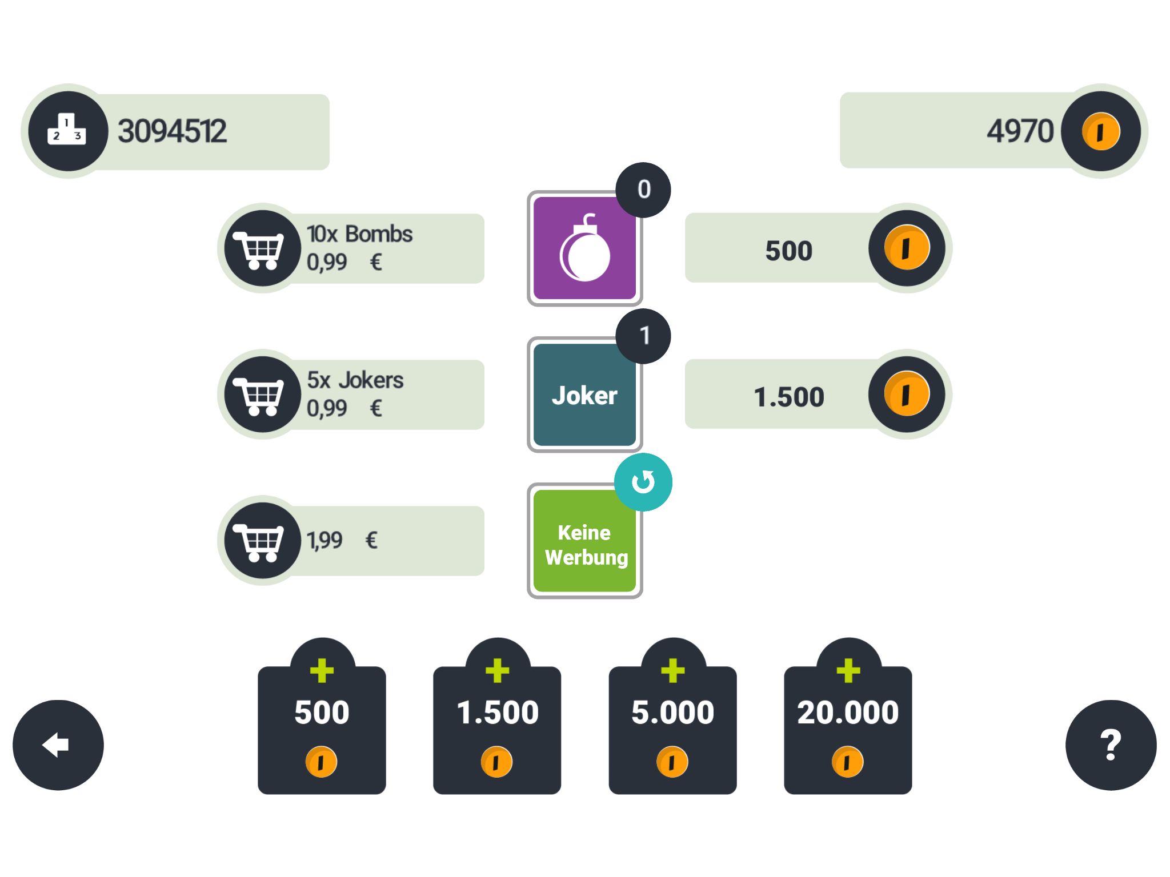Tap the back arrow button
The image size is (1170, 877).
58,745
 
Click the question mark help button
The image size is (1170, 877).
1111,745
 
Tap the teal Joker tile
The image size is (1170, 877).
584,395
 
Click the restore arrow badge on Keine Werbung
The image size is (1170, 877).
643,482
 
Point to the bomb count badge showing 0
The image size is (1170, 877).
643,190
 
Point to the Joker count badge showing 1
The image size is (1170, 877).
643,336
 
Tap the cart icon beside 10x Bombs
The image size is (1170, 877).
262,248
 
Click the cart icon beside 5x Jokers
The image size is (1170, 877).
262,395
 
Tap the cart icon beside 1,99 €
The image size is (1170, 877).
262,541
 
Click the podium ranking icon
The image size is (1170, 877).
67,131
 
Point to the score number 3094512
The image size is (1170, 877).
172,131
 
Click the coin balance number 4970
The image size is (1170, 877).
1020,131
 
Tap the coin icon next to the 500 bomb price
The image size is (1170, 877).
907,248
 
